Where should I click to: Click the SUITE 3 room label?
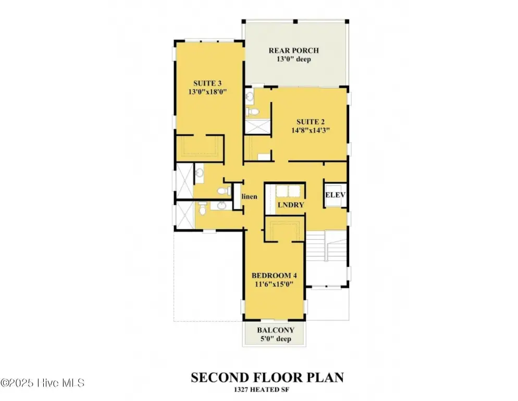tap(207, 83)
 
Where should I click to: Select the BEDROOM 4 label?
tap(274, 276)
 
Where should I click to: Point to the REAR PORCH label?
tap(294, 50)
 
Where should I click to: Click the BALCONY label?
tap(276, 330)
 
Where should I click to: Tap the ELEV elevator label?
tap(335, 195)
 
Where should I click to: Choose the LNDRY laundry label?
tap(291, 205)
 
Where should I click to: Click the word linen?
tap(250, 197)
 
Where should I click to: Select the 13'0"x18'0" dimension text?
tap(207, 92)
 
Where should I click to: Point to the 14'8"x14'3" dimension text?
tap(311, 130)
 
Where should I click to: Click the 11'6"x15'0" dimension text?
tap(274, 284)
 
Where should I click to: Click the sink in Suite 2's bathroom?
tap(250, 97)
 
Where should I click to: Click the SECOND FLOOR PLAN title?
tap(267, 378)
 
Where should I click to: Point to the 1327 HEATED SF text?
tap(261, 390)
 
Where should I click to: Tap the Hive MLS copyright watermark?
tap(42, 383)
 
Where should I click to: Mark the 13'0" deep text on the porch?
tap(294, 60)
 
